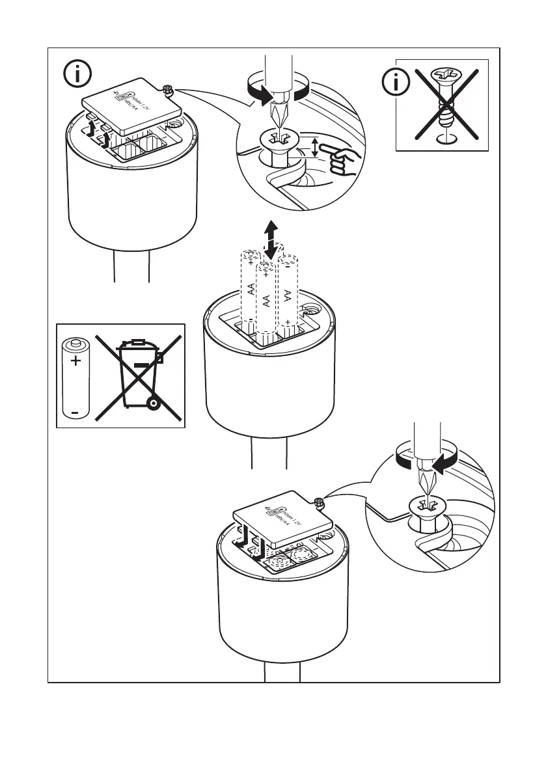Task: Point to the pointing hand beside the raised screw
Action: (344, 160)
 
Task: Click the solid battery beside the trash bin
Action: (75, 377)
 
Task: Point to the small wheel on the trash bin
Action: (153, 404)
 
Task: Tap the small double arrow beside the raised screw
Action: (316, 147)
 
